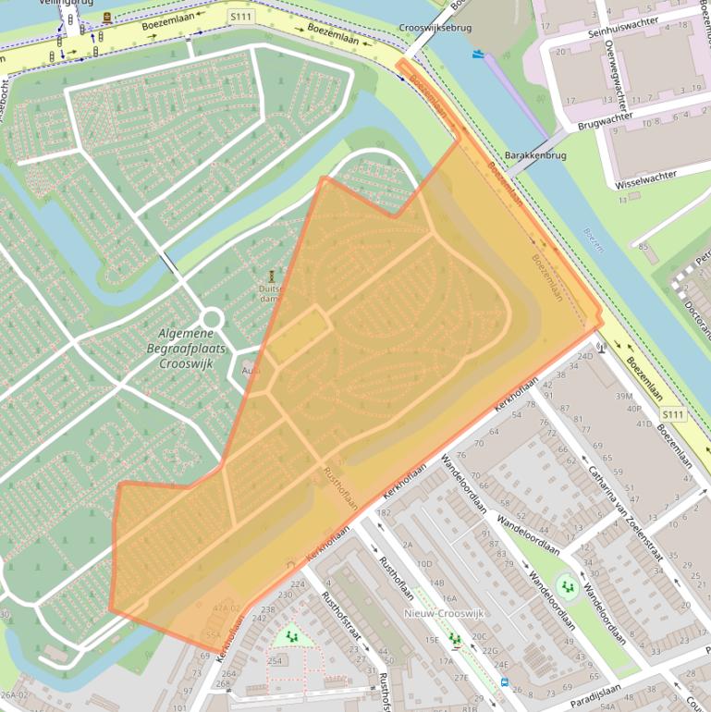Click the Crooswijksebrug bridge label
pyautogui.click(x=436, y=28)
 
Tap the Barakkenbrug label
pyautogui.click(x=535, y=156)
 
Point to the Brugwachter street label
pyautogui.click(x=605, y=119)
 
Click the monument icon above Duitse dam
pyautogui.click(x=272, y=276)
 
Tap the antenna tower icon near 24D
pyautogui.click(x=601, y=348)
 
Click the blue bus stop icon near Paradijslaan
pyautogui.click(x=504, y=682)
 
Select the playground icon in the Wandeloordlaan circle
pyautogui.click(x=565, y=585)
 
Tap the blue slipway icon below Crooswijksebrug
pyautogui.click(x=477, y=55)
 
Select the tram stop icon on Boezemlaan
pyautogui.click(x=108, y=18)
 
